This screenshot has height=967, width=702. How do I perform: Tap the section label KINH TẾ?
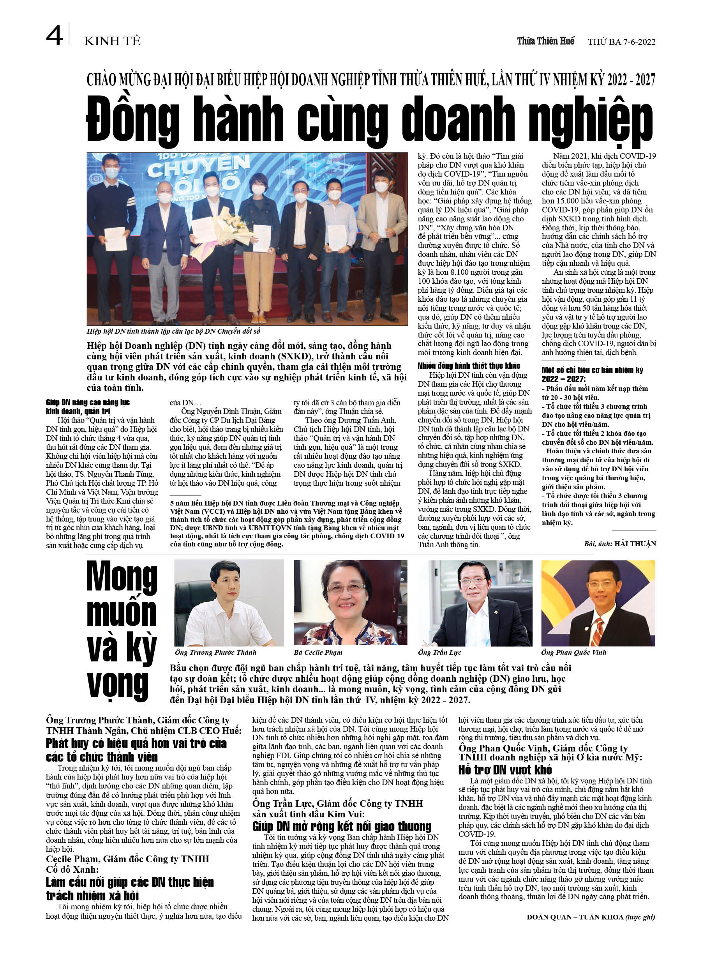112,41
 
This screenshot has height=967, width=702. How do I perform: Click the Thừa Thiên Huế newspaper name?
545,41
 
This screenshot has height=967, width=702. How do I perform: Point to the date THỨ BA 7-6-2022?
621,42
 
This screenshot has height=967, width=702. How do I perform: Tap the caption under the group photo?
173,331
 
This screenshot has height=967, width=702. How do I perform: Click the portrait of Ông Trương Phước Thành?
229,603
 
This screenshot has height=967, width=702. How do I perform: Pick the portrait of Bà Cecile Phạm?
350,603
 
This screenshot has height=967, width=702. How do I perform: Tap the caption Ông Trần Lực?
439,652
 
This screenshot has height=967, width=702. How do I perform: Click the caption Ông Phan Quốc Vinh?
573,652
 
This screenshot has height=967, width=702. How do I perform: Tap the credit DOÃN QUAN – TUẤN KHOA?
575,917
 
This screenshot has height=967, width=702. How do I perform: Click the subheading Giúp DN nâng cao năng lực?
88,403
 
